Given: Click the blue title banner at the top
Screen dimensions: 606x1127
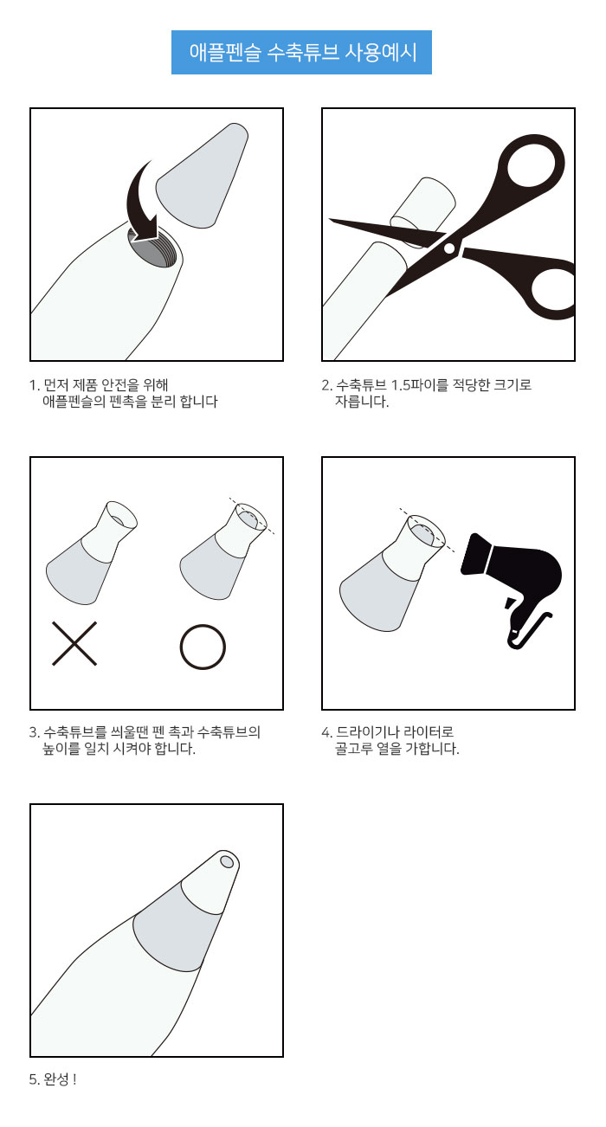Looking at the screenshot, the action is click(x=301, y=52).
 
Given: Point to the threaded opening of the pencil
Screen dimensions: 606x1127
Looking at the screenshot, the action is click(x=151, y=250).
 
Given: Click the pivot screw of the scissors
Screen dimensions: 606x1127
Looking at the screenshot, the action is click(x=449, y=247).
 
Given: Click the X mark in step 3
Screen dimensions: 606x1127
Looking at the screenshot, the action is click(x=74, y=643).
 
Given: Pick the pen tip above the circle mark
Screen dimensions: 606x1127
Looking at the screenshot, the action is click(x=223, y=551).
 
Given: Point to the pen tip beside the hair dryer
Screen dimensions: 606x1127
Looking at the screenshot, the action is click(x=391, y=573).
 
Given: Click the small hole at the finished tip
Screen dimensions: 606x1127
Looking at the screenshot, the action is click(x=227, y=861).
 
